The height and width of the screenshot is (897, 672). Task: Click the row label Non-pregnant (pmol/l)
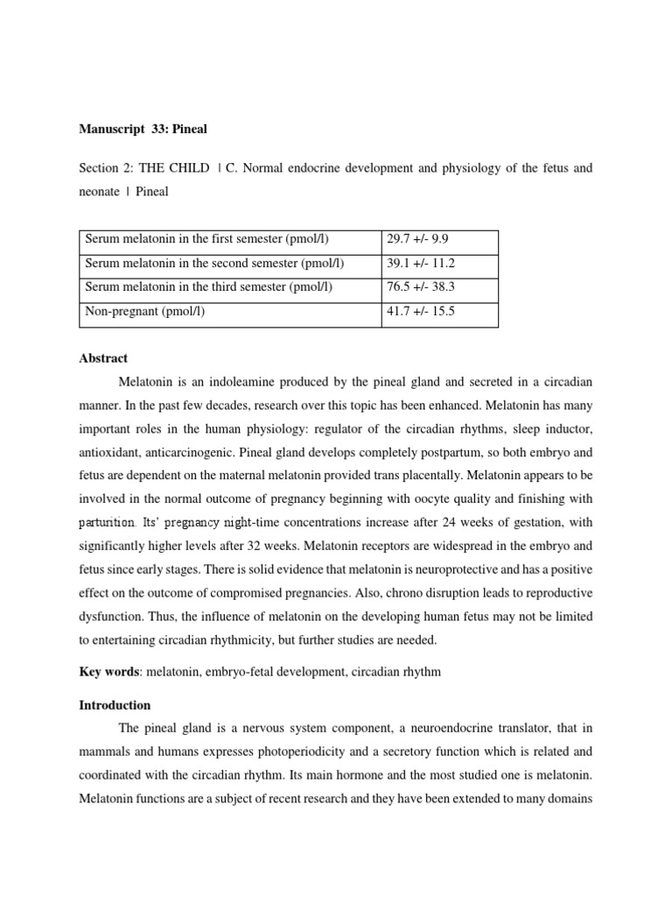pyautogui.click(x=145, y=311)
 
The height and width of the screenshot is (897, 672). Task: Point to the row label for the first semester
pyautogui.click(x=206, y=239)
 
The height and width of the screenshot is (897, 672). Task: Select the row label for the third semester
pyautogui.click(x=207, y=287)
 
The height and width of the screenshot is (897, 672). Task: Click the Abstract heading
pyautogui.click(x=103, y=358)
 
